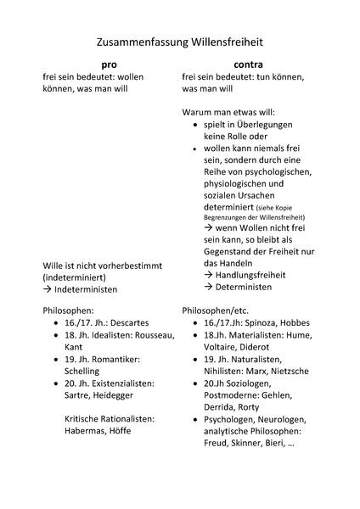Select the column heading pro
110,64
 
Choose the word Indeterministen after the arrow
86,289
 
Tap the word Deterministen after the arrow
246,287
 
